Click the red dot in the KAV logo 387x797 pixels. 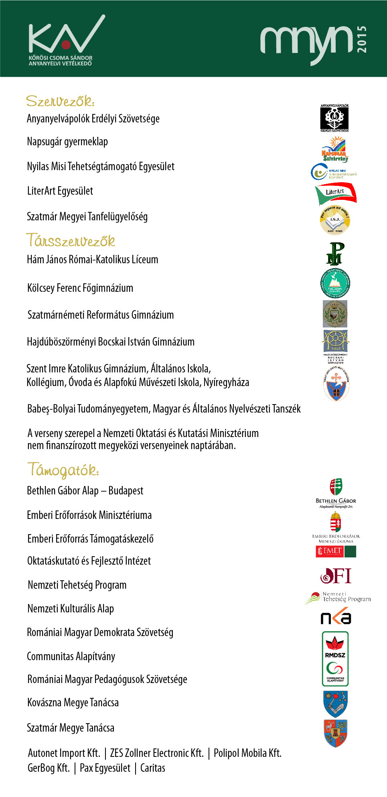click(66, 44)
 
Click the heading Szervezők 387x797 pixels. click(60, 101)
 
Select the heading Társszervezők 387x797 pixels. click(71, 241)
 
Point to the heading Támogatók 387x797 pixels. click(63, 470)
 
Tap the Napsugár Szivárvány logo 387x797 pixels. click(335, 149)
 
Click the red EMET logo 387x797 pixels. click(330, 551)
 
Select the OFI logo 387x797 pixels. click(336, 576)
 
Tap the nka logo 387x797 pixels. click(336, 617)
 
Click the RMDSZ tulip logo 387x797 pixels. click(335, 647)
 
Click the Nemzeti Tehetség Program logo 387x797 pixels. click(338, 598)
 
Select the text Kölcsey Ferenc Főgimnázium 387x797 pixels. click(80, 288)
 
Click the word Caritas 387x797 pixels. click(153, 768)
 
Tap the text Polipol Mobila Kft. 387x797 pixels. click(247, 753)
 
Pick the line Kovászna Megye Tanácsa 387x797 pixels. click(73, 703)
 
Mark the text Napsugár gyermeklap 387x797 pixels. click(67, 142)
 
